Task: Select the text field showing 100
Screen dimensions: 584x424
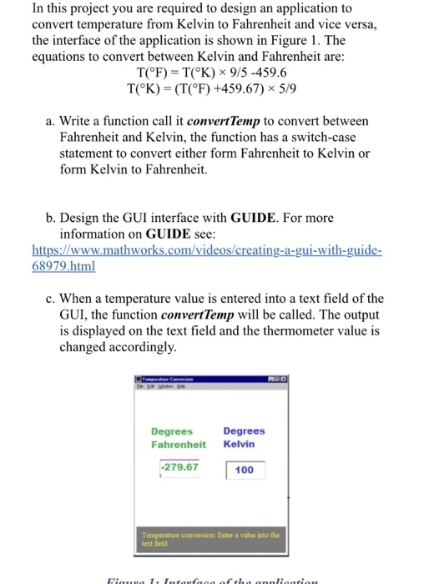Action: point(245,471)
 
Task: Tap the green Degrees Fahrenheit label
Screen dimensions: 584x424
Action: point(178,438)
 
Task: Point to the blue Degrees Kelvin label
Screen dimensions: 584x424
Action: point(244,437)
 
